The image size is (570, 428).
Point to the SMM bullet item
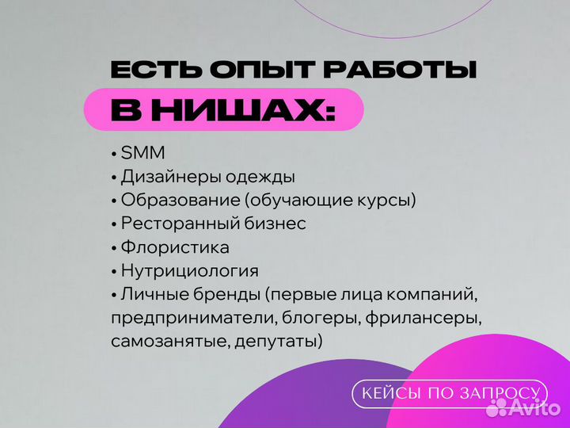[143, 153]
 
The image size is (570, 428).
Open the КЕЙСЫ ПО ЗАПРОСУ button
[450, 393]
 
